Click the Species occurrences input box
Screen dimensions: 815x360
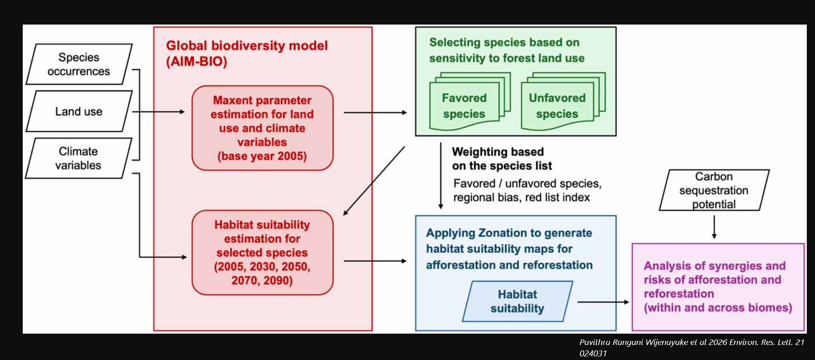coord(79,64)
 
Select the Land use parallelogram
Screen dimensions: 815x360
coord(79,111)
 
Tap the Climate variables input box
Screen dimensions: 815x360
coord(79,158)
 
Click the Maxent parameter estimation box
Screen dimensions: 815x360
coord(262,128)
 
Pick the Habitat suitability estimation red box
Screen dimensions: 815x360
coord(262,252)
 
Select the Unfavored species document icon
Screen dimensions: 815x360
coord(563,101)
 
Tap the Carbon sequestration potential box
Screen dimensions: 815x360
coord(714,190)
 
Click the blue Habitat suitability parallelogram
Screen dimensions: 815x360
coord(517,301)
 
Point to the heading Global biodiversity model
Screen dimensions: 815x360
coord(247,45)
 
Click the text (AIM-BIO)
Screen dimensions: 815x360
coord(196,61)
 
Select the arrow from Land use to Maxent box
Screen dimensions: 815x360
coord(159,111)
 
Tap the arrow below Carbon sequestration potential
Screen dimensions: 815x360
coord(714,227)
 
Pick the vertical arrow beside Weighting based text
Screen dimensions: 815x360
coord(440,175)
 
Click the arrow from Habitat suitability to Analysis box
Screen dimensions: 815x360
coord(603,302)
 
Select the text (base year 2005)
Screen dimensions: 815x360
coord(262,156)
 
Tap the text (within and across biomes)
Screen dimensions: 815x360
coord(718,308)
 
